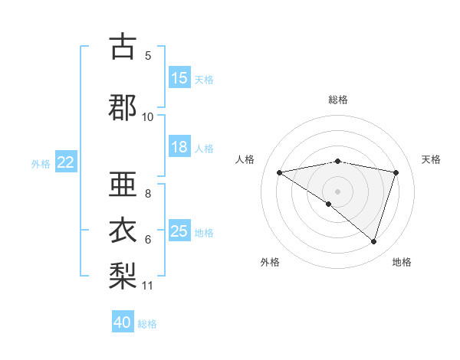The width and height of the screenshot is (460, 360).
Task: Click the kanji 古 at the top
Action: pos(123,47)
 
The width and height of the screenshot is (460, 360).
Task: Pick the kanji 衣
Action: pos(123,229)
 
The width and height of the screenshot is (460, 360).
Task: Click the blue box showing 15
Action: pos(179,78)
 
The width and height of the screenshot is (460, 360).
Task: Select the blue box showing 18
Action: pos(179,148)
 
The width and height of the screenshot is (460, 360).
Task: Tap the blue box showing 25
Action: pos(179,231)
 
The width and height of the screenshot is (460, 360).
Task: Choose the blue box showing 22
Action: pos(65,162)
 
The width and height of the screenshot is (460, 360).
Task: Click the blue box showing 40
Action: pos(123,322)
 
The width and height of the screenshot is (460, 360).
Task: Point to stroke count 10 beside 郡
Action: pos(148,116)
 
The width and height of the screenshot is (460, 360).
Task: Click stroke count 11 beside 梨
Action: pos(148,286)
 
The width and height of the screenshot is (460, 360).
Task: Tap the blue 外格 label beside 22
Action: pos(41,163)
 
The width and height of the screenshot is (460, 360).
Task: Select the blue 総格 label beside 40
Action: pos(147,323)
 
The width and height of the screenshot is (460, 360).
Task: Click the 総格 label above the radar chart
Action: pos(337,100)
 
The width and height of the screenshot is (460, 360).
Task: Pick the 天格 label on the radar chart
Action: pos(431,159)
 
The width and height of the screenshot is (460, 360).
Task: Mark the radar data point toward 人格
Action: pos(279,172)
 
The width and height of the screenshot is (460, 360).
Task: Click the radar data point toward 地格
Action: pos(373,241)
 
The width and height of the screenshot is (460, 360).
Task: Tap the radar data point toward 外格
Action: pos(328,204)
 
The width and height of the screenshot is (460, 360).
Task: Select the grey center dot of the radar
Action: pos(337,191)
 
